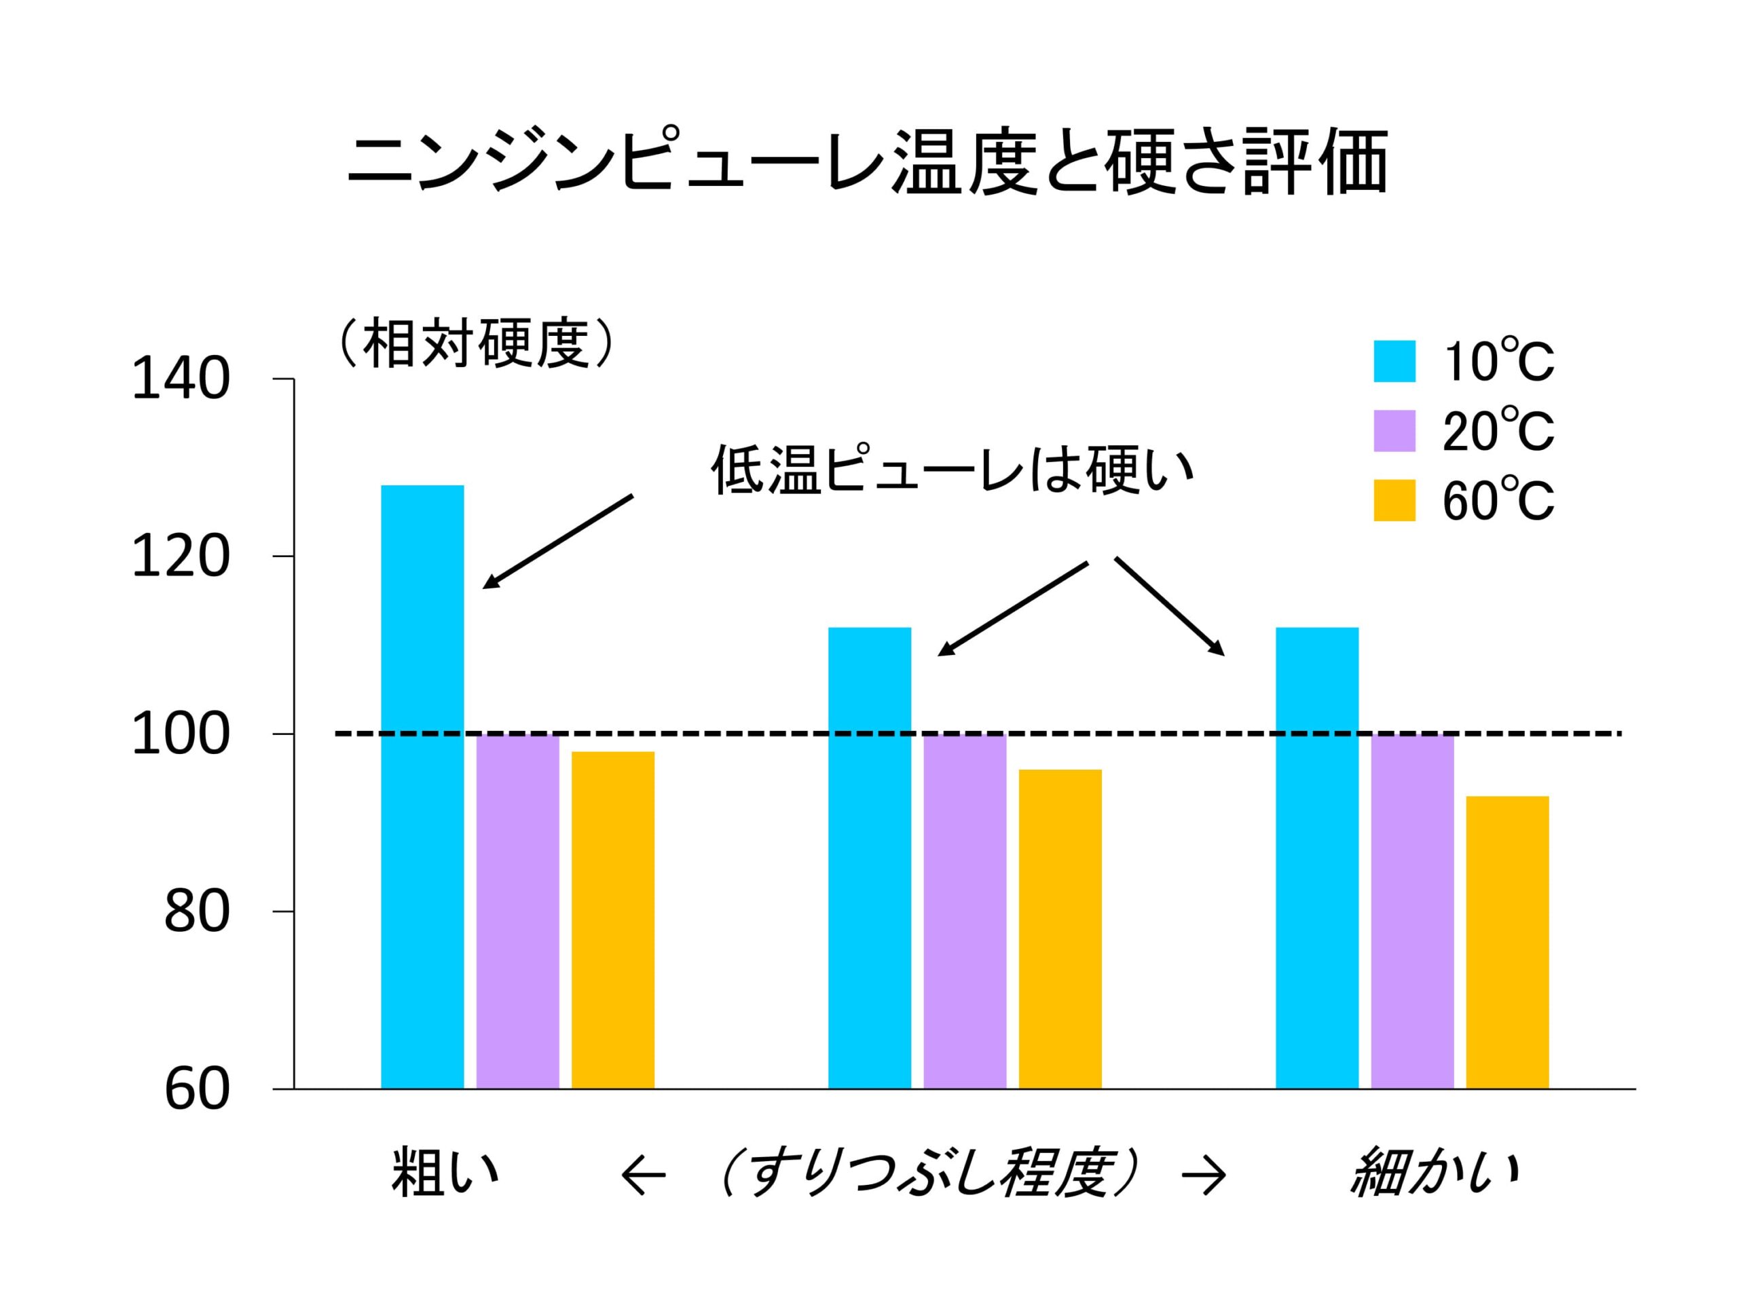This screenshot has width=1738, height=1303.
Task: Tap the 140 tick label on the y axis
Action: click(181, 379)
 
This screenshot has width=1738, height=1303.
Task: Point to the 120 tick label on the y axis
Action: click(181, 557)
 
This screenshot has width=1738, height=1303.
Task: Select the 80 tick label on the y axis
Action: click(196, 912)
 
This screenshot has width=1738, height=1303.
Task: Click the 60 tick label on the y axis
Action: click(196, 1089)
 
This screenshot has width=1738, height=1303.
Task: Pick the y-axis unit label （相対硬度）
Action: click(475, 343)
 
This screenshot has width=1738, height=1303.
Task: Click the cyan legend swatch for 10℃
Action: click(1394, 361)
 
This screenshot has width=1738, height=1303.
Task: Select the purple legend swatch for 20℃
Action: click(1394, 430)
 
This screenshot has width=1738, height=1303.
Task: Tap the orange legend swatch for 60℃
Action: click(1394, 500)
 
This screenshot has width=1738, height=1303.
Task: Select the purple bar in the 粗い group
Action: click(518, 911)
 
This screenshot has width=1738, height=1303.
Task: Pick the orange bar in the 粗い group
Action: click(613, 919)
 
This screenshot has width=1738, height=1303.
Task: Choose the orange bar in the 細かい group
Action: click(1507, 943)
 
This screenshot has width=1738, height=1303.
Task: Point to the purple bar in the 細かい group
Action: click(1412, 911)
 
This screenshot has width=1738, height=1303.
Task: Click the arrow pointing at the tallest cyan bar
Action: click(558, 540)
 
